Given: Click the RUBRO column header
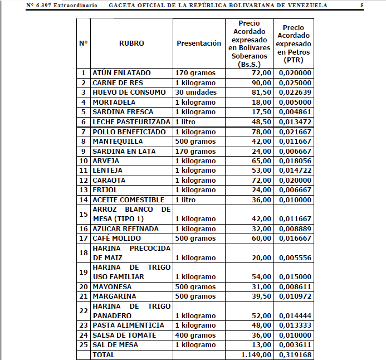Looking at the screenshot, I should (x=131, y=43).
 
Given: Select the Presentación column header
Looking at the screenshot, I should (x=198, y=43).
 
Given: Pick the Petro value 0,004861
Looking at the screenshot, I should (x=295, y=112).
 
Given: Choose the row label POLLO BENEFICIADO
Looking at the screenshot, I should (x=129, y=132).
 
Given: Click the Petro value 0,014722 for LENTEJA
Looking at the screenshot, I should (x=295, y=171).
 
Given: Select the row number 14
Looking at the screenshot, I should (x=84, y=200).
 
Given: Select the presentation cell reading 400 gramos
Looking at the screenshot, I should (x=195, y=335).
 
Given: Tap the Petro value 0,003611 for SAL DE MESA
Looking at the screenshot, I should (x=295, y=345).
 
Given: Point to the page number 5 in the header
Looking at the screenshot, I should (x=361, y=5).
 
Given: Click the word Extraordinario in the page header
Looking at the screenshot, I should (x=76, y=5).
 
